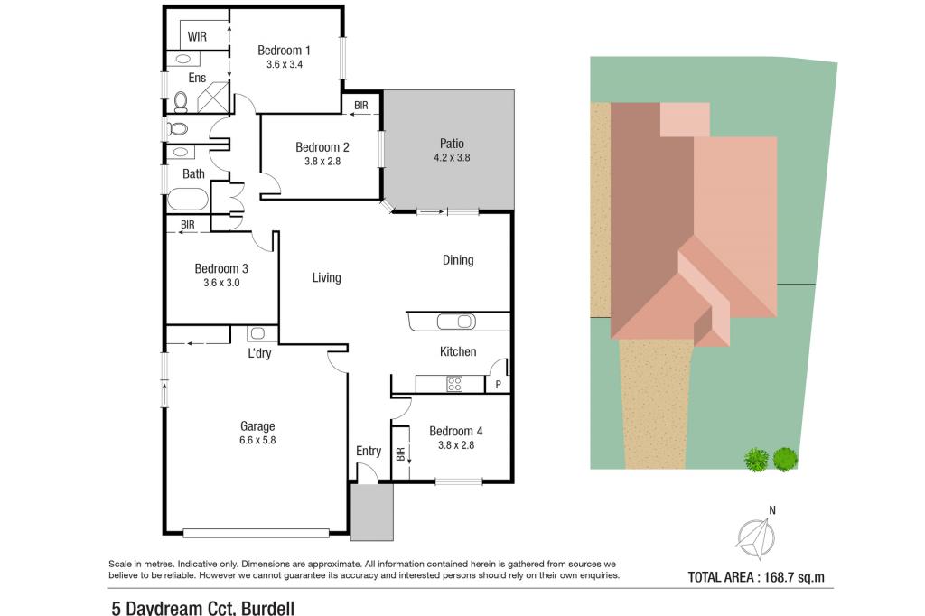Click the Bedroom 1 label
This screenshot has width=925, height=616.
284,51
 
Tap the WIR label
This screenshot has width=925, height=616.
198,37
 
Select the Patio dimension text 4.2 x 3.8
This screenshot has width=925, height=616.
452,157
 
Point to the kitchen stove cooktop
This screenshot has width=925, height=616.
454,383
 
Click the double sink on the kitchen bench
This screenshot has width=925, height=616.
454,321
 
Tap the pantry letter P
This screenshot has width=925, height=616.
498,385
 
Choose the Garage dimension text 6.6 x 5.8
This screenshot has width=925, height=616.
257,441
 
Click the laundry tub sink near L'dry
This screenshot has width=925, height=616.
256,332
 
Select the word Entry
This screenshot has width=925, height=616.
369,451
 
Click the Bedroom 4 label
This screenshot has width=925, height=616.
456,431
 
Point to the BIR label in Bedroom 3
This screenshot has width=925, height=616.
188,225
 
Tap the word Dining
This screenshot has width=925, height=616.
458,260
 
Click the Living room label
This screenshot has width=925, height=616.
326,277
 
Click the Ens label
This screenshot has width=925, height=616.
197,78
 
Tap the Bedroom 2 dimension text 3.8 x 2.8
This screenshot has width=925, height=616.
322,162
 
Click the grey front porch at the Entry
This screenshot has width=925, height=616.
372,511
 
